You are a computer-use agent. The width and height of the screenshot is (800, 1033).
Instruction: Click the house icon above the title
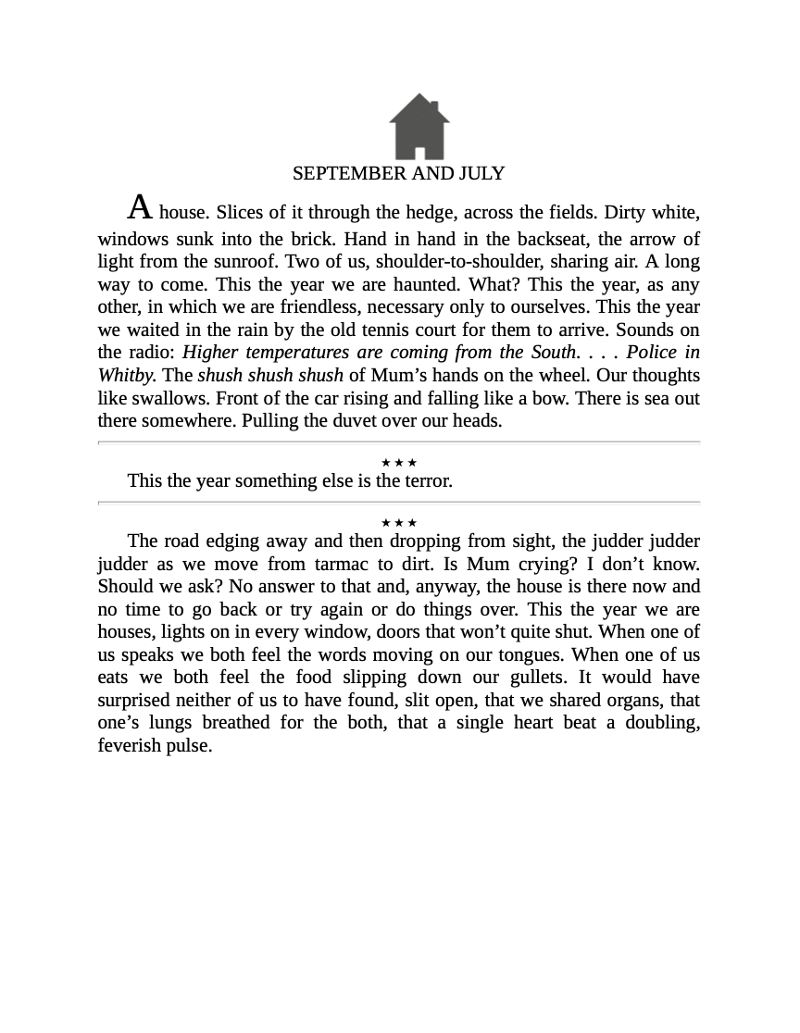coord(419,128)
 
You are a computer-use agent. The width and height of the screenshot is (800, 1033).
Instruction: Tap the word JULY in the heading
coord(481,174)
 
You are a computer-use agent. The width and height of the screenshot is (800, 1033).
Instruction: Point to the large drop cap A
coord(140,207)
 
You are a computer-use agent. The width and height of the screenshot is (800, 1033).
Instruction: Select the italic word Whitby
coord(126,375)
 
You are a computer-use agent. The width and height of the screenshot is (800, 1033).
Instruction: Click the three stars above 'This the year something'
coord(399,463)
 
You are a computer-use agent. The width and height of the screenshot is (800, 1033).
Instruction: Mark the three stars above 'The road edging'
coord(399,523)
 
